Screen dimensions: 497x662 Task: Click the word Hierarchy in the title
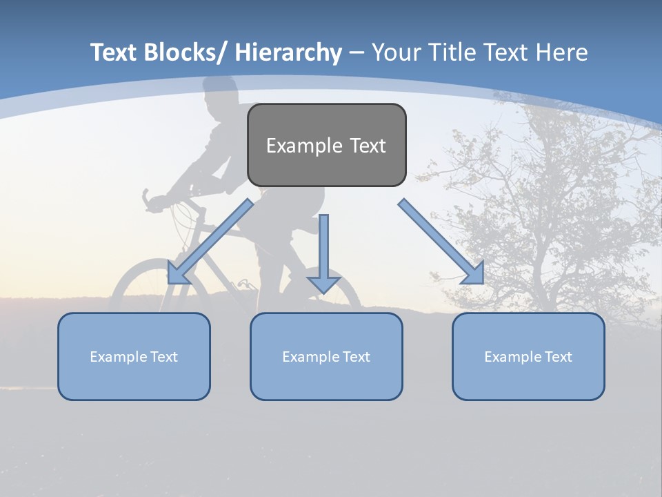[x=288, y=52]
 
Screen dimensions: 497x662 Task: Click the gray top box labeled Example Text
[x=326, y=146]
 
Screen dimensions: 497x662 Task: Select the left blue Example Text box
[x=134, y=357]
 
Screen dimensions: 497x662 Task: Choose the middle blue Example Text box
[x=326, y=357]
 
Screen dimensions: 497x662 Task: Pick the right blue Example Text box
[x=528, y=357]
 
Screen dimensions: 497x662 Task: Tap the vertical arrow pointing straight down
[x=323, y=253]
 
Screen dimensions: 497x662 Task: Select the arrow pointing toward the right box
[x=441, y=242]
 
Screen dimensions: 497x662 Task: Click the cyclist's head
[x=221, y=97]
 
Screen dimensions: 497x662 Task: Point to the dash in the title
[x=356, y=53]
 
